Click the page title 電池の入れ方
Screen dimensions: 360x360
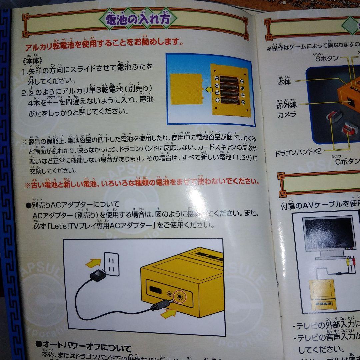click(137, 19)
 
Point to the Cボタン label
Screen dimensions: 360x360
click(347, 162)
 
